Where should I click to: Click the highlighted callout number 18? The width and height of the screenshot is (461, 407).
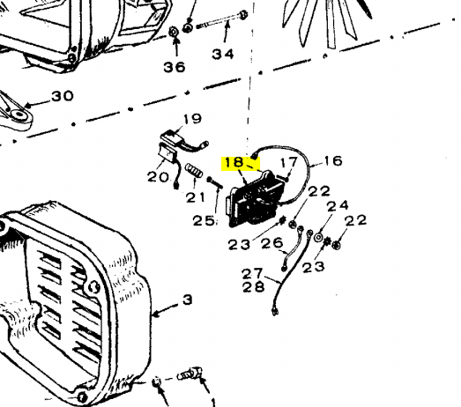[x=234, y=162]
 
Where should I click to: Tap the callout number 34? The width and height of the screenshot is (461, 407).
[x=223, y=55]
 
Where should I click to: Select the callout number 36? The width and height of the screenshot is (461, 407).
[x=175, y=67]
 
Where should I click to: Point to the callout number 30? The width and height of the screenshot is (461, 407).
[x=63, y=96]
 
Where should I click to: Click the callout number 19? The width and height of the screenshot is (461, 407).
[x=192, y=118]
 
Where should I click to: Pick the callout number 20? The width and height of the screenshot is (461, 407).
[x=159, y=177]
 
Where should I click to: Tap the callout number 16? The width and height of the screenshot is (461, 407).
[x=333, y=160]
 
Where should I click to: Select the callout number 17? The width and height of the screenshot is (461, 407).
[x=289, y=162]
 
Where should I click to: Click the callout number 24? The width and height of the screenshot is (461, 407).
[x=338, y=206]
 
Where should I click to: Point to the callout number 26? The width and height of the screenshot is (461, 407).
[x=272, y=243]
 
